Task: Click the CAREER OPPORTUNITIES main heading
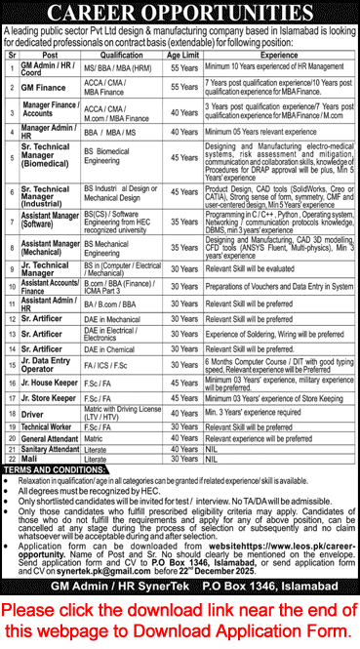[180, 13]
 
